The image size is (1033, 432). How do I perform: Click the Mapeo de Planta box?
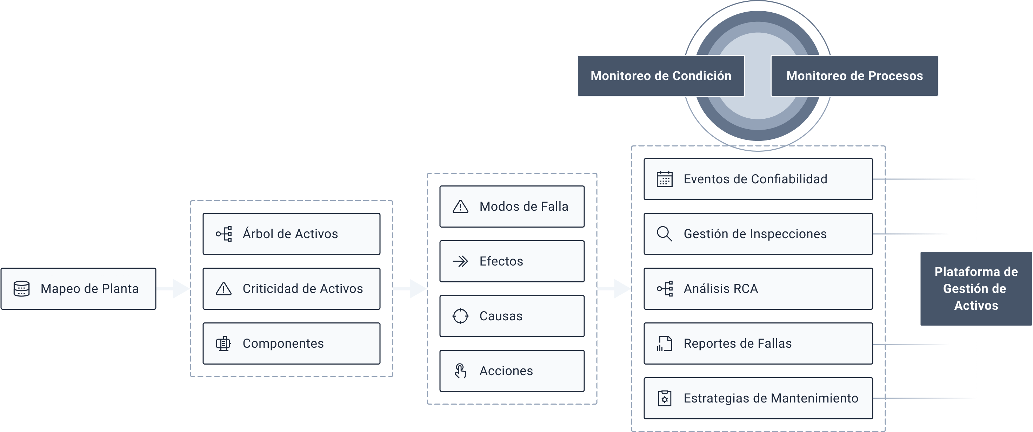click(x=78, y=289)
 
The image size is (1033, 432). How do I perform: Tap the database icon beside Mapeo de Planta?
click(x=22, y=289)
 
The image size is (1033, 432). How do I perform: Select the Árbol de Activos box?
click(x=291, y=234)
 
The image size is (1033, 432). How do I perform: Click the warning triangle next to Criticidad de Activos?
click(x=224, y=289)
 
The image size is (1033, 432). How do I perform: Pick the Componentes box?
click(x=291, y=343)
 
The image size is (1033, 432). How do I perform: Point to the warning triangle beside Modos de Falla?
click(x=460, y=207)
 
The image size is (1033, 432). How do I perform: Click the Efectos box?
click(x=512, y=261)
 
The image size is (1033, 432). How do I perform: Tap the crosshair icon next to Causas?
click(x=460, y=316)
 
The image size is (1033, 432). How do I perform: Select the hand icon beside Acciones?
click(x=460, y=371)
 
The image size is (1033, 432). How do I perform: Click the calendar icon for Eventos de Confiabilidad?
click(x=665, y=179)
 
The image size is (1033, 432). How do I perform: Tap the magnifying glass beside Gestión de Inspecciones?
click(x=665, y=234)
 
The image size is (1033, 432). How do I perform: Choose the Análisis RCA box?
click(x=758, y=289)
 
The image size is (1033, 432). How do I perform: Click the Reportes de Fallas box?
click(x=758, y=343)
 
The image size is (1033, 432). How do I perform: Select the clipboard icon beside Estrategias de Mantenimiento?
click(x=665, y=398)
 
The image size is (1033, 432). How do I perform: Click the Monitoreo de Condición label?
click(x=660, y=76)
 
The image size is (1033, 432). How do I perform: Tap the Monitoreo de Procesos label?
click(x=854, y=76)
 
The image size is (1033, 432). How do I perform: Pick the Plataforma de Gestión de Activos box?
click(x=976, y=289)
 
